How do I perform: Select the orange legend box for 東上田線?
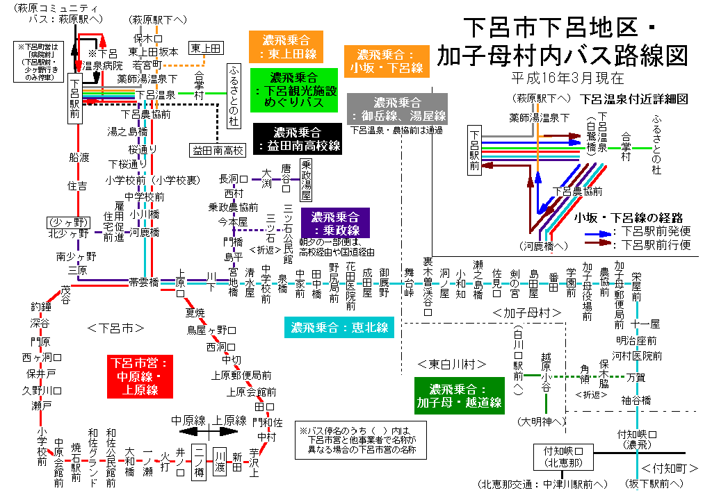pyautogui.click(x=288, y=45)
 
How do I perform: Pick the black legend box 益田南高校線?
pyautogui.click(x=297, y=139)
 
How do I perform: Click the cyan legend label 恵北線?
pyautogui.click(x=340, y=326)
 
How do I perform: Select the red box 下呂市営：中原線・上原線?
pyautogui.click(x=139, y=376)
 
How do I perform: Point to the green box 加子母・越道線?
pyautogui.click(x=458, y=395)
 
